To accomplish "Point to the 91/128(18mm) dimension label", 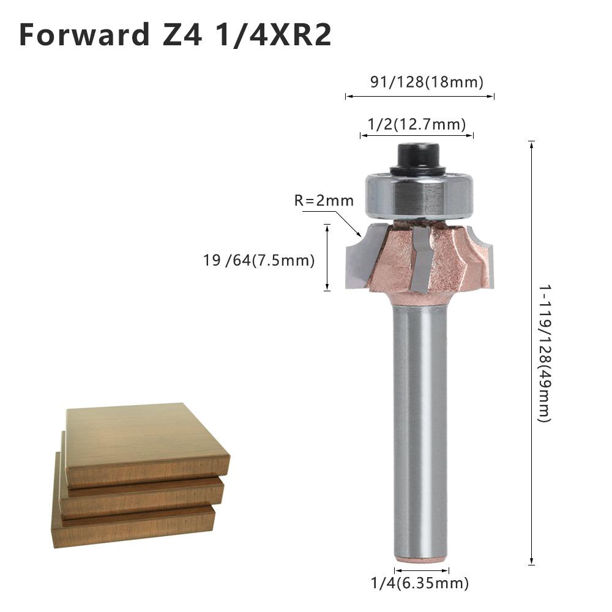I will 426,82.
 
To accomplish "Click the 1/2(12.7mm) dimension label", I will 416,124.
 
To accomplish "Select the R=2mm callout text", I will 324,201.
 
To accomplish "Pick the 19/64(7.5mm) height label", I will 259,261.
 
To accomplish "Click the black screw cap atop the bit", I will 419,158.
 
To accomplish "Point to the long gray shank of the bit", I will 420,428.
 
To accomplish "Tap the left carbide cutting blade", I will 358,260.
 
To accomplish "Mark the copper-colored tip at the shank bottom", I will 420,561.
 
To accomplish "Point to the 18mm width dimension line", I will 420,96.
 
